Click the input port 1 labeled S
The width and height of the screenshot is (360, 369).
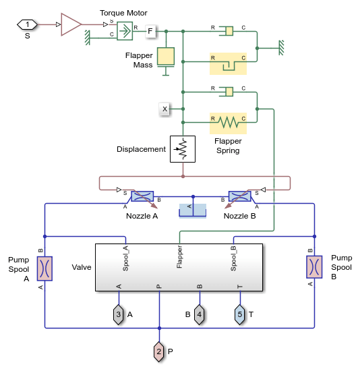(28, 25)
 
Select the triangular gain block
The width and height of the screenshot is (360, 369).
(70, 24)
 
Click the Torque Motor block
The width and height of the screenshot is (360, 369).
(124, 30)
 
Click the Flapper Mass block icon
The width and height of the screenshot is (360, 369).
(166, 57)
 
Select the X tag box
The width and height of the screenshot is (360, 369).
(164, 108)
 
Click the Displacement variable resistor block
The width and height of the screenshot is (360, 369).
(183, 149)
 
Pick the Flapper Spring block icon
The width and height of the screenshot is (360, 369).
(228, 122)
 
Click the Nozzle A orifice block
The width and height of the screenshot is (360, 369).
(142, 196)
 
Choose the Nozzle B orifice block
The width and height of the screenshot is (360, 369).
(239, 196)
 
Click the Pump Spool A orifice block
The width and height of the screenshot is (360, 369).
(44, 268)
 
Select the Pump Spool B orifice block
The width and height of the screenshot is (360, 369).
(314, 267)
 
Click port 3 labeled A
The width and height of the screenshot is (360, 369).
(119, 314)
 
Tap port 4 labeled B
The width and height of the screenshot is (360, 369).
(200, 314)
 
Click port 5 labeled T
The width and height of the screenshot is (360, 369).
(240, 314)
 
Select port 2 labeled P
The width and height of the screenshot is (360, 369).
(159, 351)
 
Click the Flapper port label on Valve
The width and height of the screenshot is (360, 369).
(180, 257)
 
